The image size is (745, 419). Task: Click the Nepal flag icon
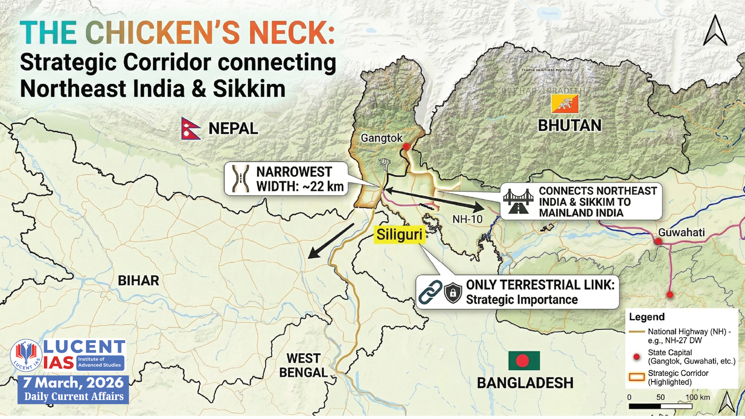191,128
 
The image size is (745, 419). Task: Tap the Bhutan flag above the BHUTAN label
565,104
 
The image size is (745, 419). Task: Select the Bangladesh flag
524,360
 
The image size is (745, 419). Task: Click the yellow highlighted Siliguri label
399,235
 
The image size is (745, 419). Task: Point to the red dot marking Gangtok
406,147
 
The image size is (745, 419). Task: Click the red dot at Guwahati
658,241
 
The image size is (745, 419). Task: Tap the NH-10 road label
467,219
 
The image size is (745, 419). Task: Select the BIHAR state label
138,280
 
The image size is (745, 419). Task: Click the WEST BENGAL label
303,365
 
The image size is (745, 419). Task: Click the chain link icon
430,292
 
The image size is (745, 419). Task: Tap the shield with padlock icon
453,292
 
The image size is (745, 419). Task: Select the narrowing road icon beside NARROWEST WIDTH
241,178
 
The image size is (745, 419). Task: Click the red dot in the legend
636,357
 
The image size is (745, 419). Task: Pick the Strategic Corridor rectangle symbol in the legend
636,377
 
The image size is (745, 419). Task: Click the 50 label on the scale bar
660,397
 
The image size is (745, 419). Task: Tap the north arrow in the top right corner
715,31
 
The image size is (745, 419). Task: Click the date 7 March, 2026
73,383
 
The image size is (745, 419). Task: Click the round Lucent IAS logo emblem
26,355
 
